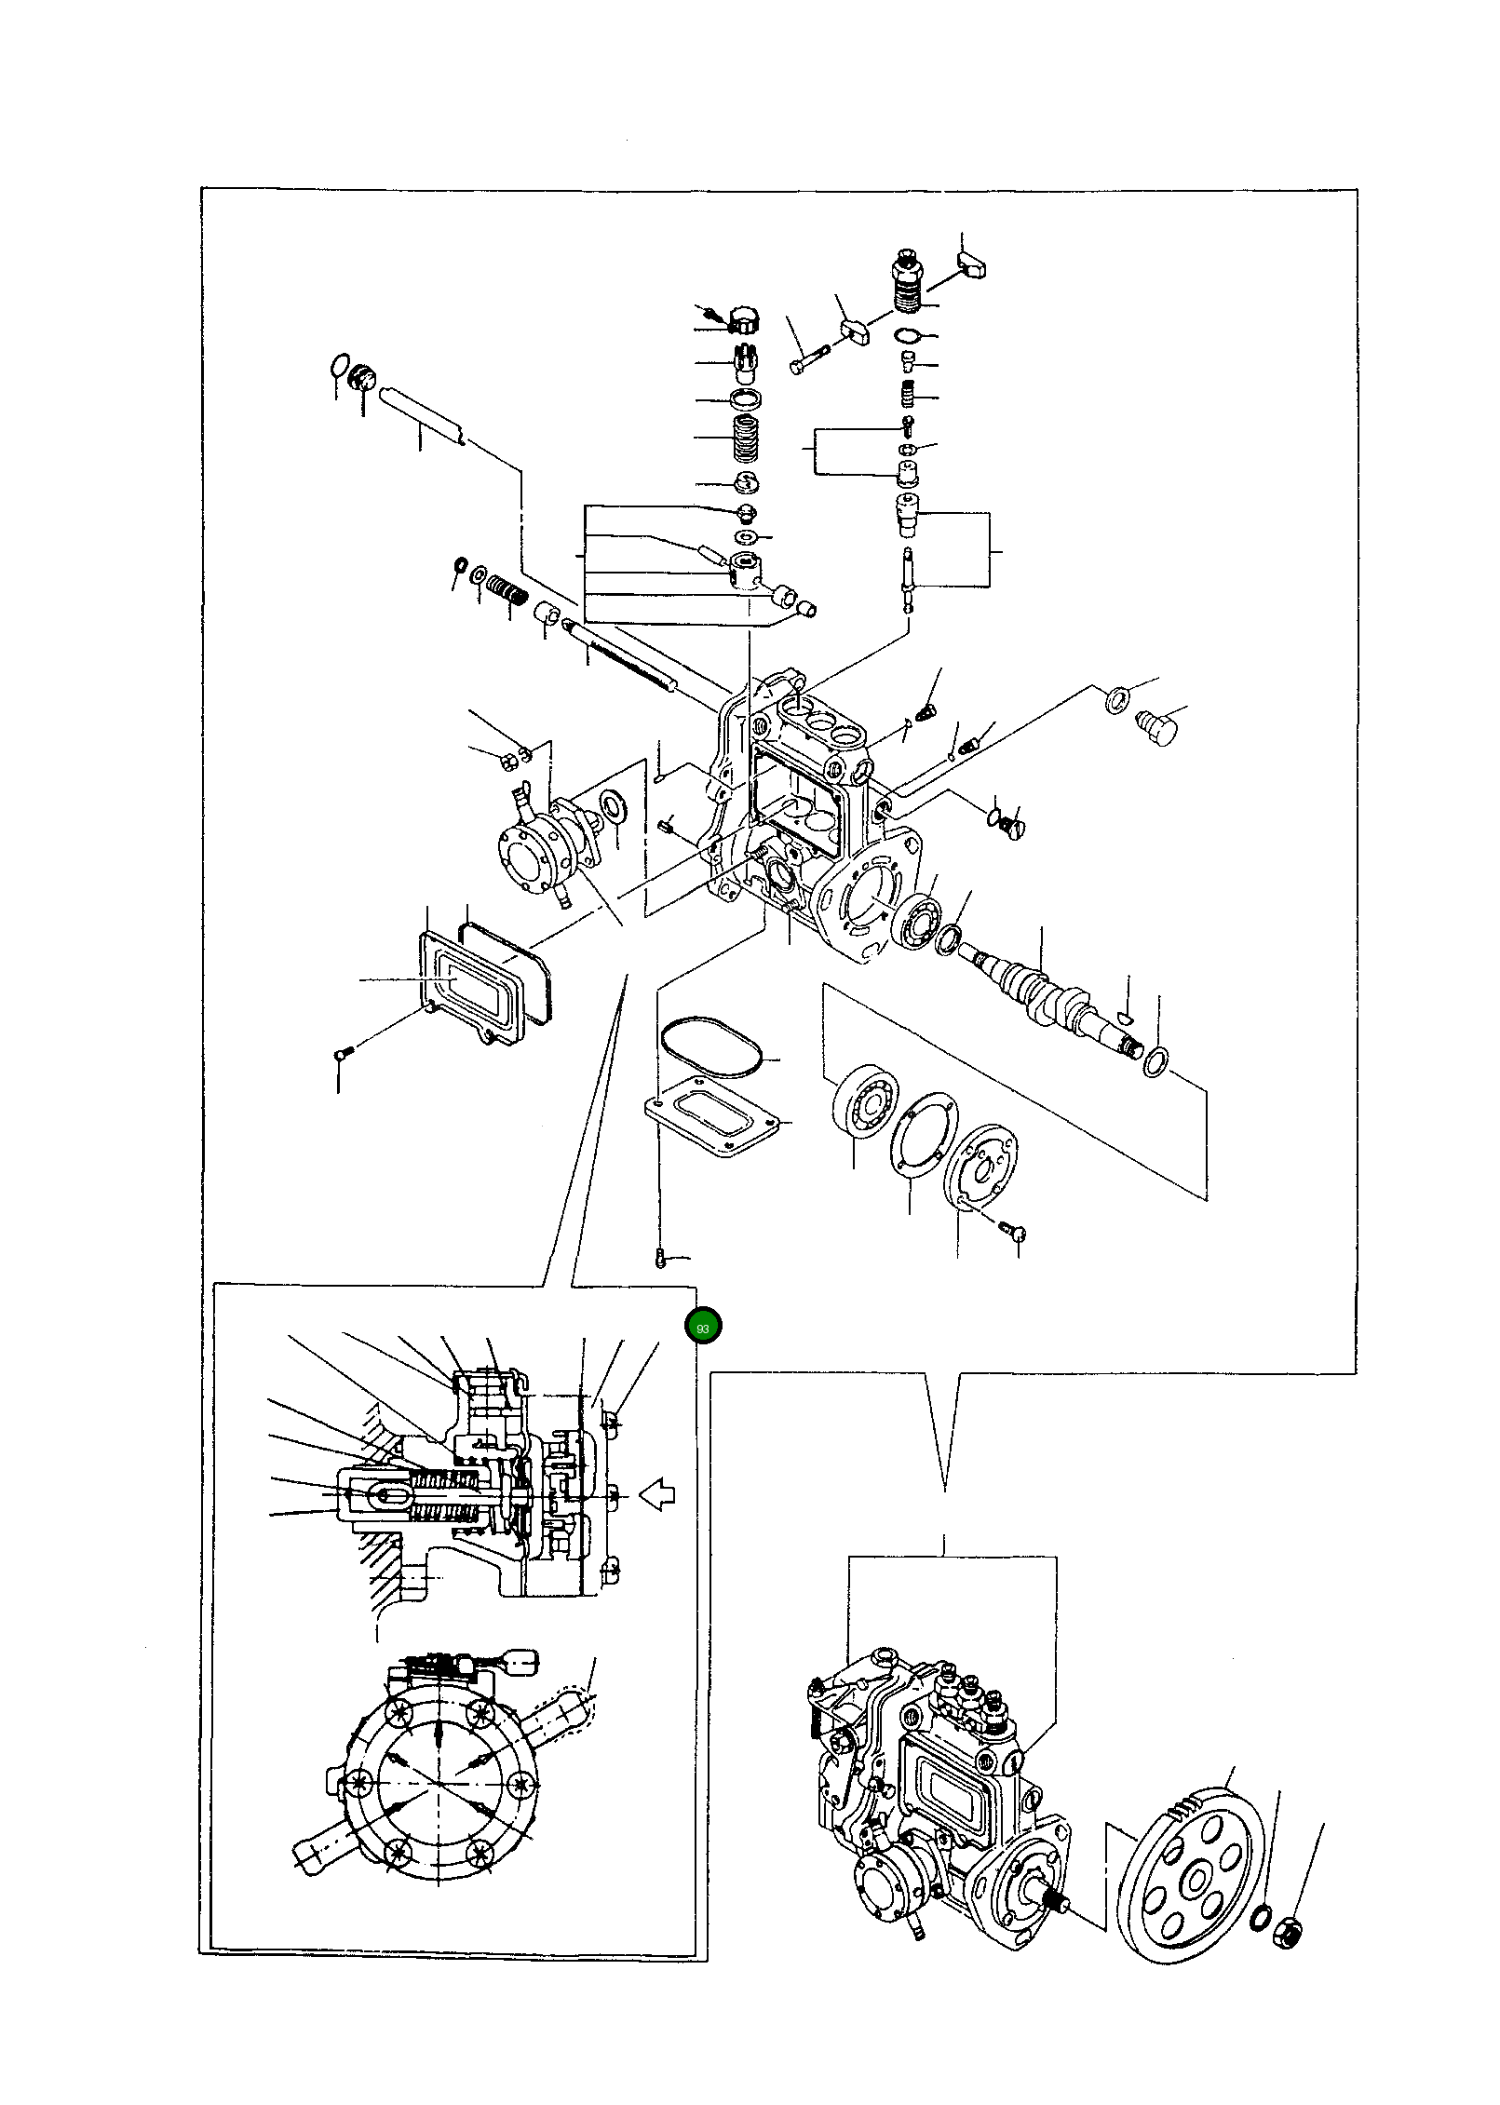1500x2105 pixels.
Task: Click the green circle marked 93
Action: [702, 1328]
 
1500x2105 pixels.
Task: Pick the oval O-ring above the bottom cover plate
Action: [711, 1047]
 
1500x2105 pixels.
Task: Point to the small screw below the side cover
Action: [342, 1053]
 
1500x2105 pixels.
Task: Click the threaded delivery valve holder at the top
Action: [908, 281]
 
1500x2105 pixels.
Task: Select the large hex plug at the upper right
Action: [1157, 722]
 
